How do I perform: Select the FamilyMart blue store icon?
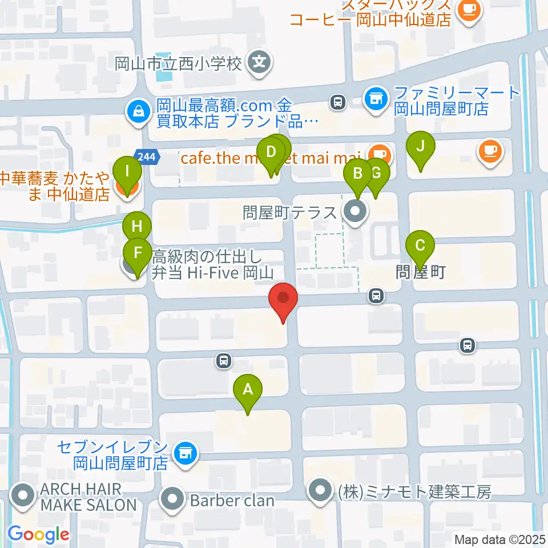click(374, 99)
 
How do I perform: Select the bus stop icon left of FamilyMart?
click(337, 103)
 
